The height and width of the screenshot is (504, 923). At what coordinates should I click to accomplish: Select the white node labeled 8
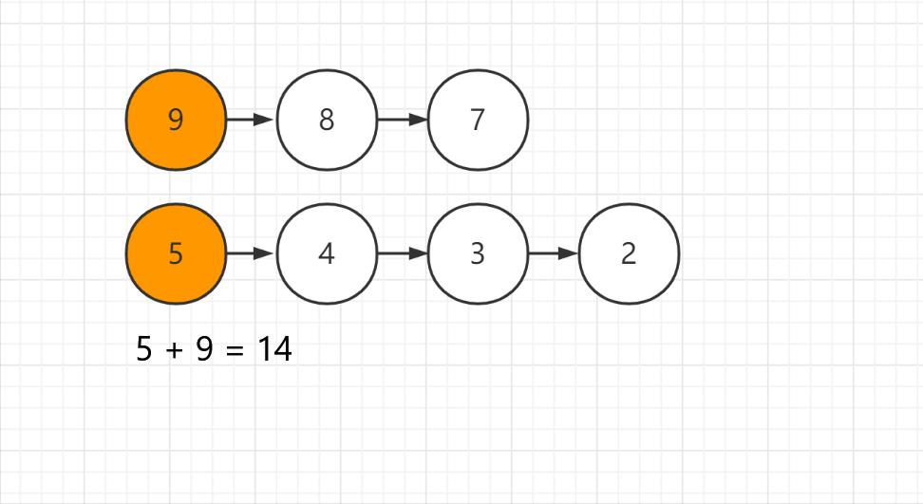click(x=327, y=121)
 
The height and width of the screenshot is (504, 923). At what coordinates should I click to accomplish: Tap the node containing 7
click(x=478, y=121)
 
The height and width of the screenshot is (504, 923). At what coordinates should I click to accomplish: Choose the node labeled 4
click(x=327, y=254)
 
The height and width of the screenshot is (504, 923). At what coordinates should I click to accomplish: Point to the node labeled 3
click(x=478, y=254)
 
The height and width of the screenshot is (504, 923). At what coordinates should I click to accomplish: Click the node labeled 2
click(x=629, y=254)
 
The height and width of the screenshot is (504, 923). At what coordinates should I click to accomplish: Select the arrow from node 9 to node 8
click(x=250, y=121)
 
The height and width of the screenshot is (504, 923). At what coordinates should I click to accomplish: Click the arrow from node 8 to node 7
click(x=401, y=121)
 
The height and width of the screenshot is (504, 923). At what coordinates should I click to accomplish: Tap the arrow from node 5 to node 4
click(x=250, y=254)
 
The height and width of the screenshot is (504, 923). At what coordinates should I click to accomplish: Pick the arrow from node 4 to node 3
click(x=401, y=254)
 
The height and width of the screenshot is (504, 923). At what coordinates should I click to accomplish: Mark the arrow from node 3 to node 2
click(x=552, y=254)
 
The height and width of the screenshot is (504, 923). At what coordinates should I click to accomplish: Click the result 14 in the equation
click(x=274, y=350)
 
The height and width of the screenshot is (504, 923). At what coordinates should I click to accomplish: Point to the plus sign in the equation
click(x=174, y=350)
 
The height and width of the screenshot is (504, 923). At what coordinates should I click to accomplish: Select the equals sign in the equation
click(x=235, y=350)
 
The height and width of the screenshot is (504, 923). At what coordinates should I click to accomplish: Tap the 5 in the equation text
click(x=144, y=350)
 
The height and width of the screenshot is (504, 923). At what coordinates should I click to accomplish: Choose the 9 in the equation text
click(x=204, y=350)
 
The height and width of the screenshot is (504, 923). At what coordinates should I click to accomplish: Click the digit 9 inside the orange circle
click(x=176, y=121)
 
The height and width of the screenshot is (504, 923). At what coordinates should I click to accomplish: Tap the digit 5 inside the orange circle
click(x=176, y=254)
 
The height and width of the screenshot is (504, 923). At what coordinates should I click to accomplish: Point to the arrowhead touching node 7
click(x=418, y=121)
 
